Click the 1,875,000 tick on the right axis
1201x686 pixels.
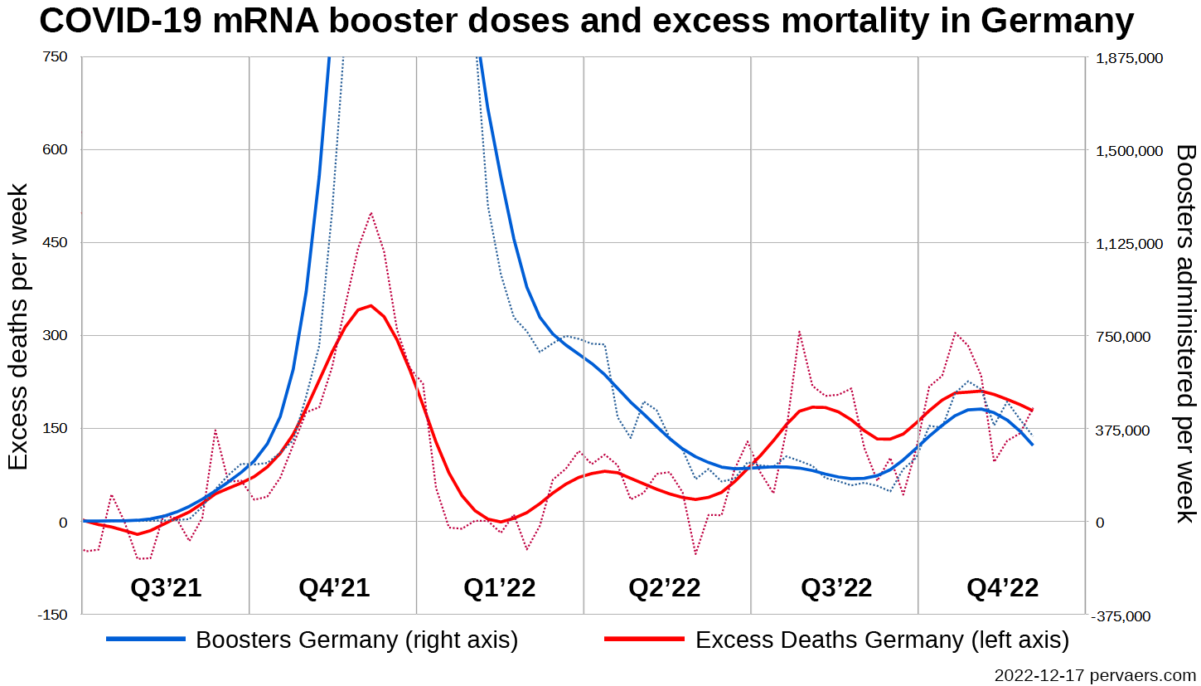coord(1130,58)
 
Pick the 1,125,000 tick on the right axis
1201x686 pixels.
coord(1130,244)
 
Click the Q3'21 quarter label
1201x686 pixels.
coord(166,588)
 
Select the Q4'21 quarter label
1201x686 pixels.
coord(334,588)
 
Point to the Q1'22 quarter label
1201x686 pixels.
coord(499,588)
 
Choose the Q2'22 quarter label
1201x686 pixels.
coord(665,588)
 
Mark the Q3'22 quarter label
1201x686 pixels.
coord(836,588)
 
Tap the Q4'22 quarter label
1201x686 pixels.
coord(1002,588)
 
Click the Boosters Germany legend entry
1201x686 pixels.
coord(356,640)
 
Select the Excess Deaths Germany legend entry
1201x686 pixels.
coord(882,640)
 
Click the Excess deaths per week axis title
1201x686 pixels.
coord(18,327)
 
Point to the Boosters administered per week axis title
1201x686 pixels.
coord(1186,333)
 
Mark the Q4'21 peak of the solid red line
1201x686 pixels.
coord(370,305)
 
